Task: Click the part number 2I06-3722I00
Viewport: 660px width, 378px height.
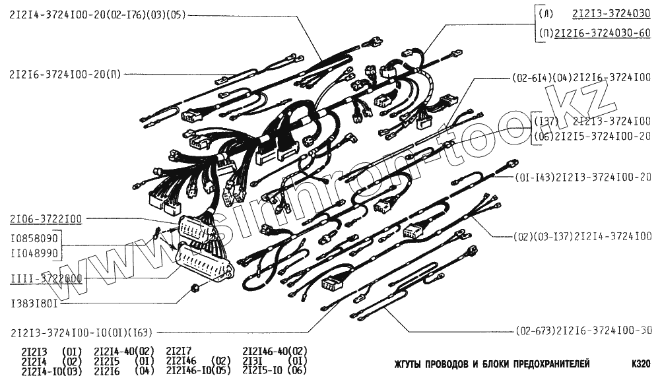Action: click(x=46, y=218)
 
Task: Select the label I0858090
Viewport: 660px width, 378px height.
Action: click(x=34, y=237)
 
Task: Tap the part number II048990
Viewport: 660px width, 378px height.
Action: click(x=34, y=253)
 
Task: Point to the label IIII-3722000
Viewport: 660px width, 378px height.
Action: click(x=46, y=279)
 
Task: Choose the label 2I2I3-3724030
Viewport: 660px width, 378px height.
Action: click(x=611, y=13)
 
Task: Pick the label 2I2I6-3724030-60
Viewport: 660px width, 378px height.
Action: click(x=603, y=33)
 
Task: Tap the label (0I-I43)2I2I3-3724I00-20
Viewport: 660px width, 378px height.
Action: click(x=580, y=177)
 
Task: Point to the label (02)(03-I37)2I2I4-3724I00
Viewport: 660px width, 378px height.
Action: click(x=580, y=236)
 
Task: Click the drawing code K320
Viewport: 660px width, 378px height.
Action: click(x=641, y=363)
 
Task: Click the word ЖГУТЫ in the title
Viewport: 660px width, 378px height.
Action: click(x=410, y=363)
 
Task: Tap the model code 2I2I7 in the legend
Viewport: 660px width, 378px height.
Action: click(x=178, y=351)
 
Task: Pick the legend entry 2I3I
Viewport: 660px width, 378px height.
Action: click(x=254, y=362)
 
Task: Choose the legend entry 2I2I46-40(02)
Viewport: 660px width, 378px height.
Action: click(x=275, y=351)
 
